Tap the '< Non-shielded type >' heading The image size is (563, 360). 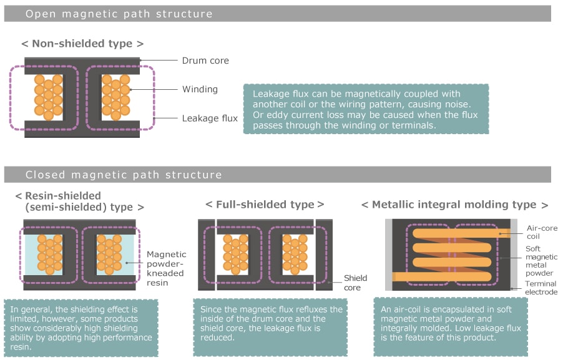point(82,44)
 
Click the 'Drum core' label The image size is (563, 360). point(205,61)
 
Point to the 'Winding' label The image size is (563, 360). point(200,89)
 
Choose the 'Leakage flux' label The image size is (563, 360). point(210,117)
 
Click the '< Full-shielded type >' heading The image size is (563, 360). point(265,204)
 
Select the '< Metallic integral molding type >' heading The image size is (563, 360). point(455,205)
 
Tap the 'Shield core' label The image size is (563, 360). point(356,283)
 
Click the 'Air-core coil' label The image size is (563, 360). point(541,233)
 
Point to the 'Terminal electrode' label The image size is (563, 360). point(541,287)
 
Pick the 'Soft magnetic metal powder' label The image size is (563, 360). point(541,261)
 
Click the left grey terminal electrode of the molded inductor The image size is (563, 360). point(388,255)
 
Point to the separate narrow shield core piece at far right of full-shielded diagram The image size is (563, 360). point(324,254)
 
